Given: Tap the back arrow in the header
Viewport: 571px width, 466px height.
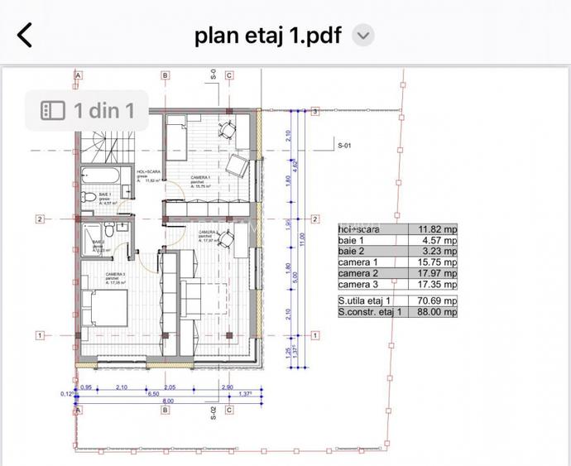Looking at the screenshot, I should (x=26, y=36).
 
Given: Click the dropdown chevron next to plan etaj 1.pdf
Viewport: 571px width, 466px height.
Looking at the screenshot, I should (x=363, y=36).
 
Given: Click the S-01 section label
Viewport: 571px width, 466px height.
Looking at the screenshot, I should (x=345, y=146).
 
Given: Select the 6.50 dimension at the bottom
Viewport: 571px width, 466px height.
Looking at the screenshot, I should (x=153, y=395).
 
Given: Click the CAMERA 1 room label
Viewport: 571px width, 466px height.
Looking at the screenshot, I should (x=200, y=180).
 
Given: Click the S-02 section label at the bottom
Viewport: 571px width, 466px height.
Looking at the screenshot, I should (x=214, y=413).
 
